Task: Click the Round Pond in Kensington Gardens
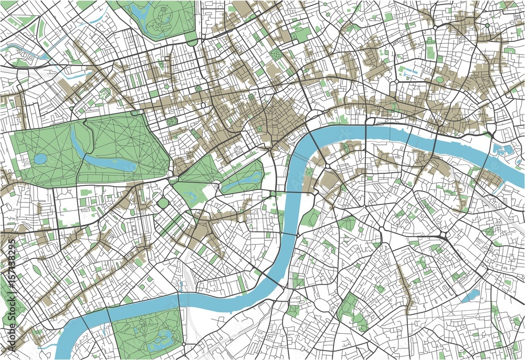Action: tap(40, 158)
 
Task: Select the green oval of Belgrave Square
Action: tap(163, 203)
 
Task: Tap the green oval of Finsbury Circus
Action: tap(440, 79)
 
